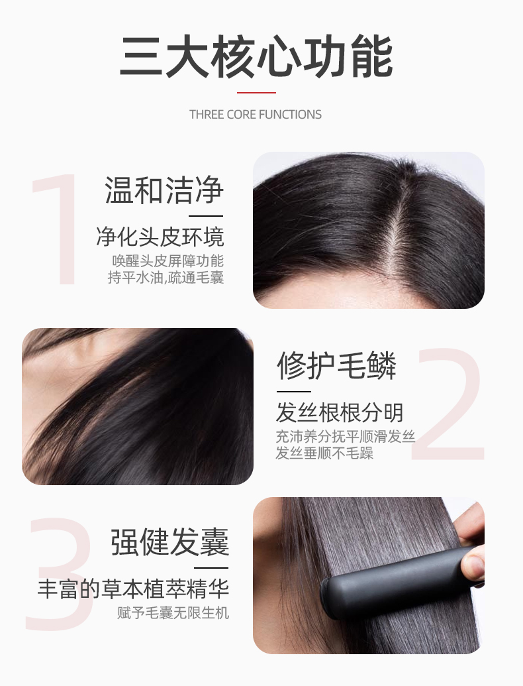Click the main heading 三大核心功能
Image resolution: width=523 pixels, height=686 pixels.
(256, 57)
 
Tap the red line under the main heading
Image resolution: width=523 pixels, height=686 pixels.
(256, 93)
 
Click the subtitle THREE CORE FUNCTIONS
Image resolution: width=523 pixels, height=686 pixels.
(255, 115)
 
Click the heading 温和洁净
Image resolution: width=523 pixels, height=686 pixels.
(164, 191)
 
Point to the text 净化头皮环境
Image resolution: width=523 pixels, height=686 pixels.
(160, 237)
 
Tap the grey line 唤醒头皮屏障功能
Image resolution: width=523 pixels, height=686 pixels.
(167, 260)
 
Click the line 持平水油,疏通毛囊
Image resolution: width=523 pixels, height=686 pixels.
(166, 277)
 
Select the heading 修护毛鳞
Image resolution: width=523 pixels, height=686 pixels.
(336, 366)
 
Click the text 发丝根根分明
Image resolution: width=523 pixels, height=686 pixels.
(340, 412)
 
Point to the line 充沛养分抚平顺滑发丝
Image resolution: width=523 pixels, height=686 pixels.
(345, 436)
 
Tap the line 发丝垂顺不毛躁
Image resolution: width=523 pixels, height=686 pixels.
(324, 453)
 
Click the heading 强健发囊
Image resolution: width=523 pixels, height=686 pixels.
(169, 542)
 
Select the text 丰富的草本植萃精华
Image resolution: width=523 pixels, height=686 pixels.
(133, 589)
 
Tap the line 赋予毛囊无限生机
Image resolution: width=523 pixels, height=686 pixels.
(173, 612)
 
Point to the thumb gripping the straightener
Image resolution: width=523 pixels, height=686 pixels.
(473, 567)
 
